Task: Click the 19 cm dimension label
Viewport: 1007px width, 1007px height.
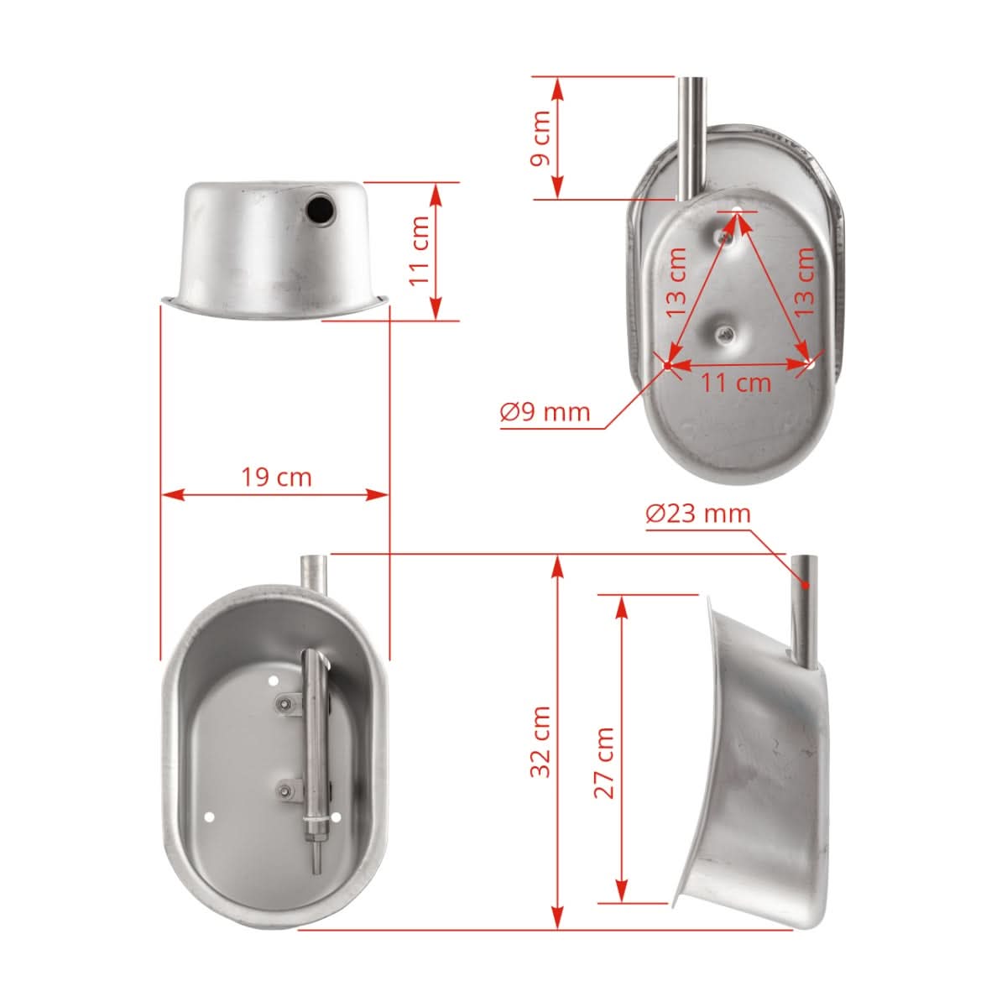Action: [x=276, y=477]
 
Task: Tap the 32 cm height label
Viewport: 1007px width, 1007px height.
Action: [x=541, y=741]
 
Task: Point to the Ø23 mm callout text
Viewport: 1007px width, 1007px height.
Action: [x=698, y=513]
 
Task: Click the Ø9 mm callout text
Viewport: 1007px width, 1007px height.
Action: [x=545, y=412]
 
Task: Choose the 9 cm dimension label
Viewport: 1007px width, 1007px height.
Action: [x=541, y=138]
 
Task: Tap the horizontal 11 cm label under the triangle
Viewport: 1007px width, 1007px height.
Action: [x=736, y=383]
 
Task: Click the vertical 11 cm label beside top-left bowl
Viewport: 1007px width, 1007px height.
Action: [x=420, y=250]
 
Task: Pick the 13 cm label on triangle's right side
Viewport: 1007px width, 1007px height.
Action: [x=805, y=280]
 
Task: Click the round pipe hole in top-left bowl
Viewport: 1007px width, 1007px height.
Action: [x=320, y=209]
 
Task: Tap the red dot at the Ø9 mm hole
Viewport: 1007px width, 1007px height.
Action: [x=666, y=365]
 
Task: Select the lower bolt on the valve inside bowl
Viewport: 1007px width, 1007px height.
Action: [x=288, y=790]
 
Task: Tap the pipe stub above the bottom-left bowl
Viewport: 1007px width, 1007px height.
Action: [x=313, y=574]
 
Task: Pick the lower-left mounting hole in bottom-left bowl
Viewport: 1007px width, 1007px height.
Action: [x=210, y=816]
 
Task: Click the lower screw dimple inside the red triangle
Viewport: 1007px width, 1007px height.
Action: [x=725, y=334]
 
